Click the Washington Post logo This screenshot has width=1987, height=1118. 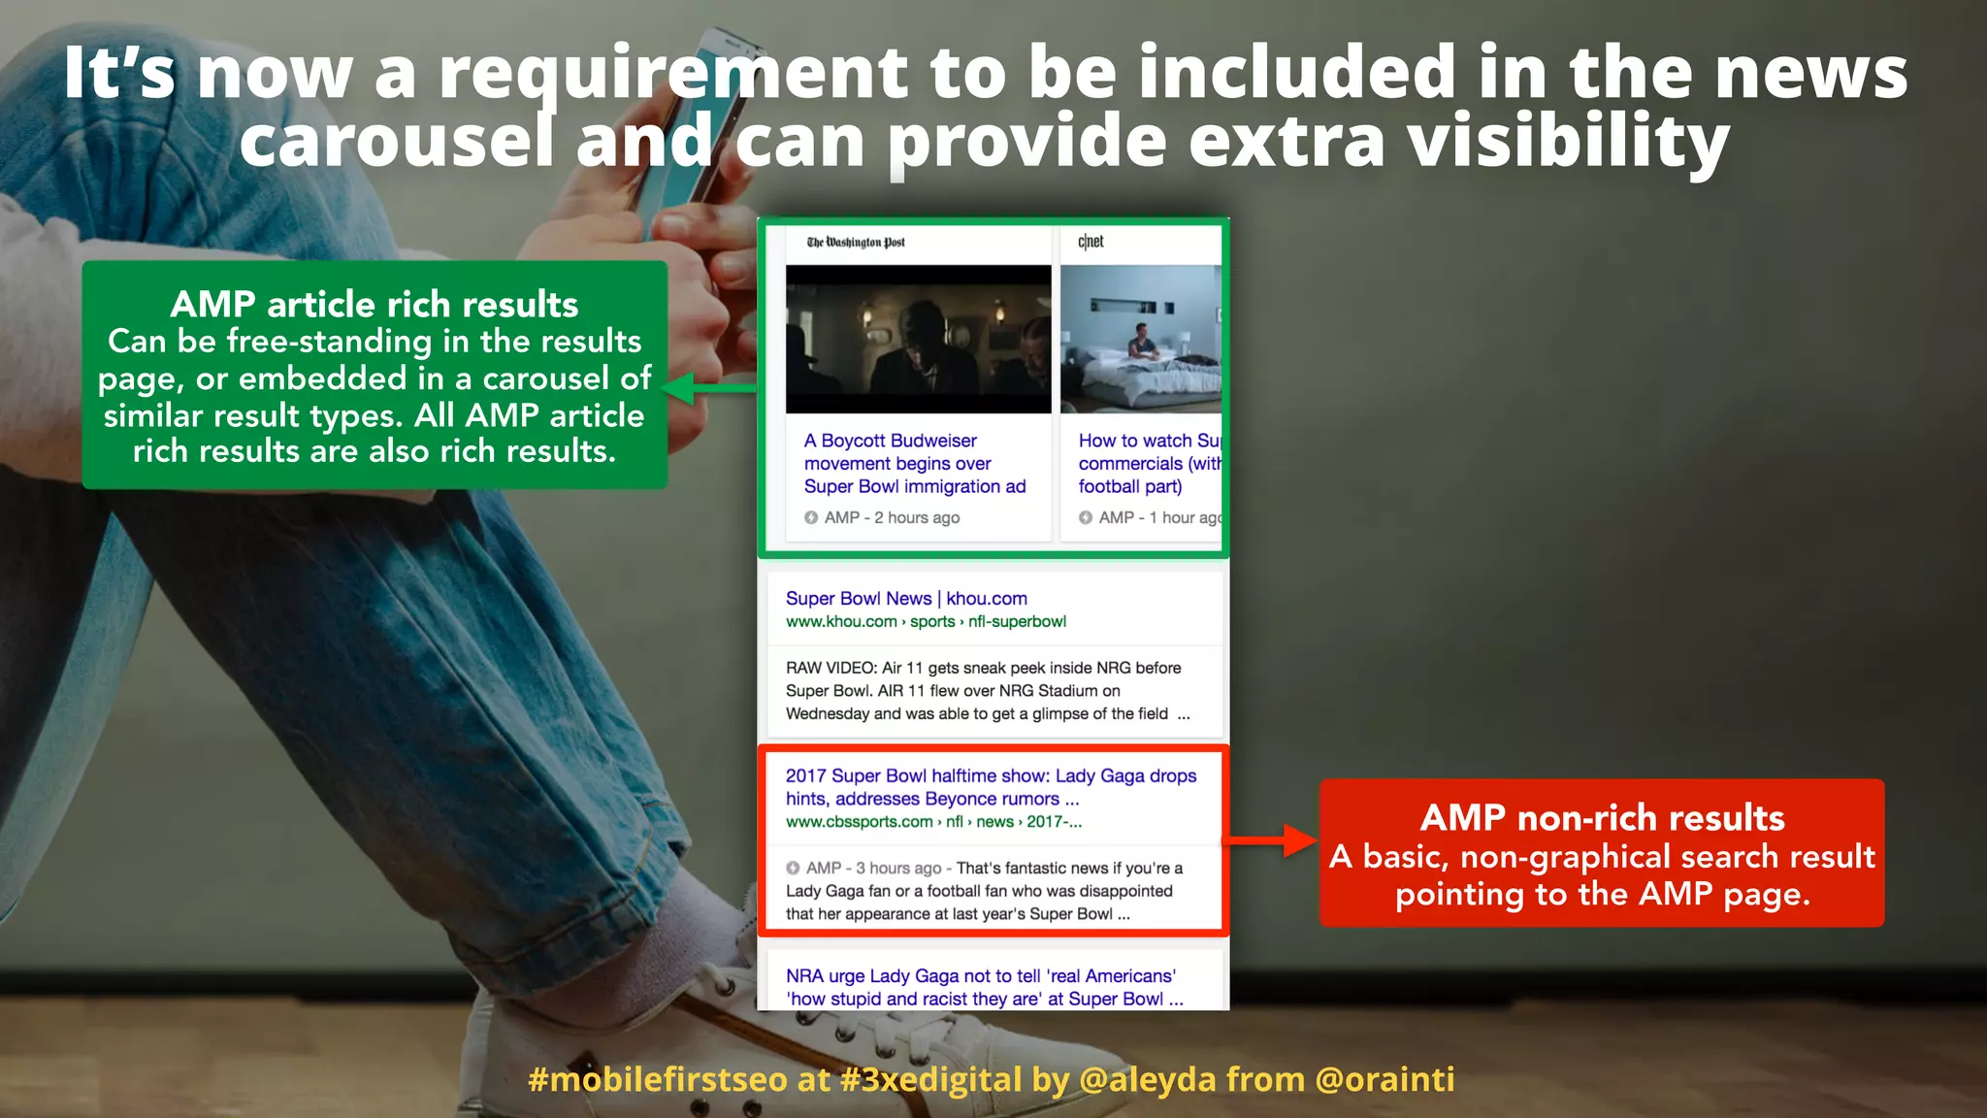(x=856, y=242)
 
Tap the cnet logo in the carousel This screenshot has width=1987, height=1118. (x=1091, y=242)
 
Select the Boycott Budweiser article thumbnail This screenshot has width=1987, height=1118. (x=918, y=339)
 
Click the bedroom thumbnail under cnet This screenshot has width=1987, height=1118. (x=1140, y=339)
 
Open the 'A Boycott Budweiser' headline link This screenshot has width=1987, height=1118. (x=914, y=464)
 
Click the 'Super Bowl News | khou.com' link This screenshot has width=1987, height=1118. (x=906, y=599)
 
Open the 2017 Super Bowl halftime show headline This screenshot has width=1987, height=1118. (x=990, y=787)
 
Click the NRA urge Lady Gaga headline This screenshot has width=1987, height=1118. (x=984, y=987)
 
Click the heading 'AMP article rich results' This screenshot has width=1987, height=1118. (x=375, y=305)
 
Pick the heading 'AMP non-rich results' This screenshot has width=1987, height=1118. (x=1602, y=818)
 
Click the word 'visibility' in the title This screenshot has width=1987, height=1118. (x=1568, y=142)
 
